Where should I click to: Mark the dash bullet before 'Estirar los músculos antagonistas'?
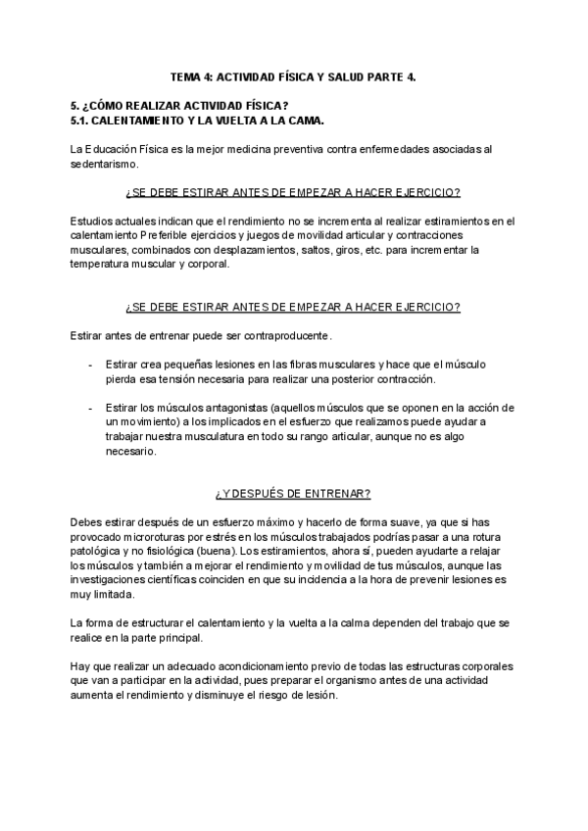[x=91, y=408]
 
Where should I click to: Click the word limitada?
[x=117, y=595]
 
